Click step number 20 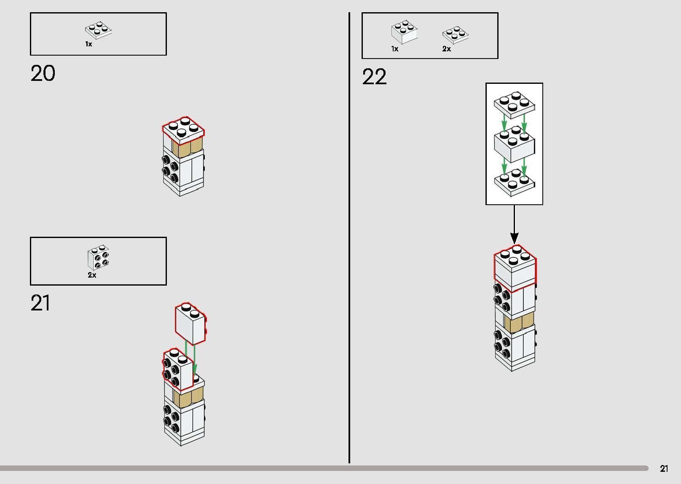43,74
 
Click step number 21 40,303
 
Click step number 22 374,77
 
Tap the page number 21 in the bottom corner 664,469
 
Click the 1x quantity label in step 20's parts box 88,44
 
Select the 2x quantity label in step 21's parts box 92,275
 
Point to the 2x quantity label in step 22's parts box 447,49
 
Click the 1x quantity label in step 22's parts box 395,49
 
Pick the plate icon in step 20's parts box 99,29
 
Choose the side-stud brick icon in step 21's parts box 98,257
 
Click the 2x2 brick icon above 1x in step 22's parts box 404,32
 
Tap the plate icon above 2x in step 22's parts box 455,35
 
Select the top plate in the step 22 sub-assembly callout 515,105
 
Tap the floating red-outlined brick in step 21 191,324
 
